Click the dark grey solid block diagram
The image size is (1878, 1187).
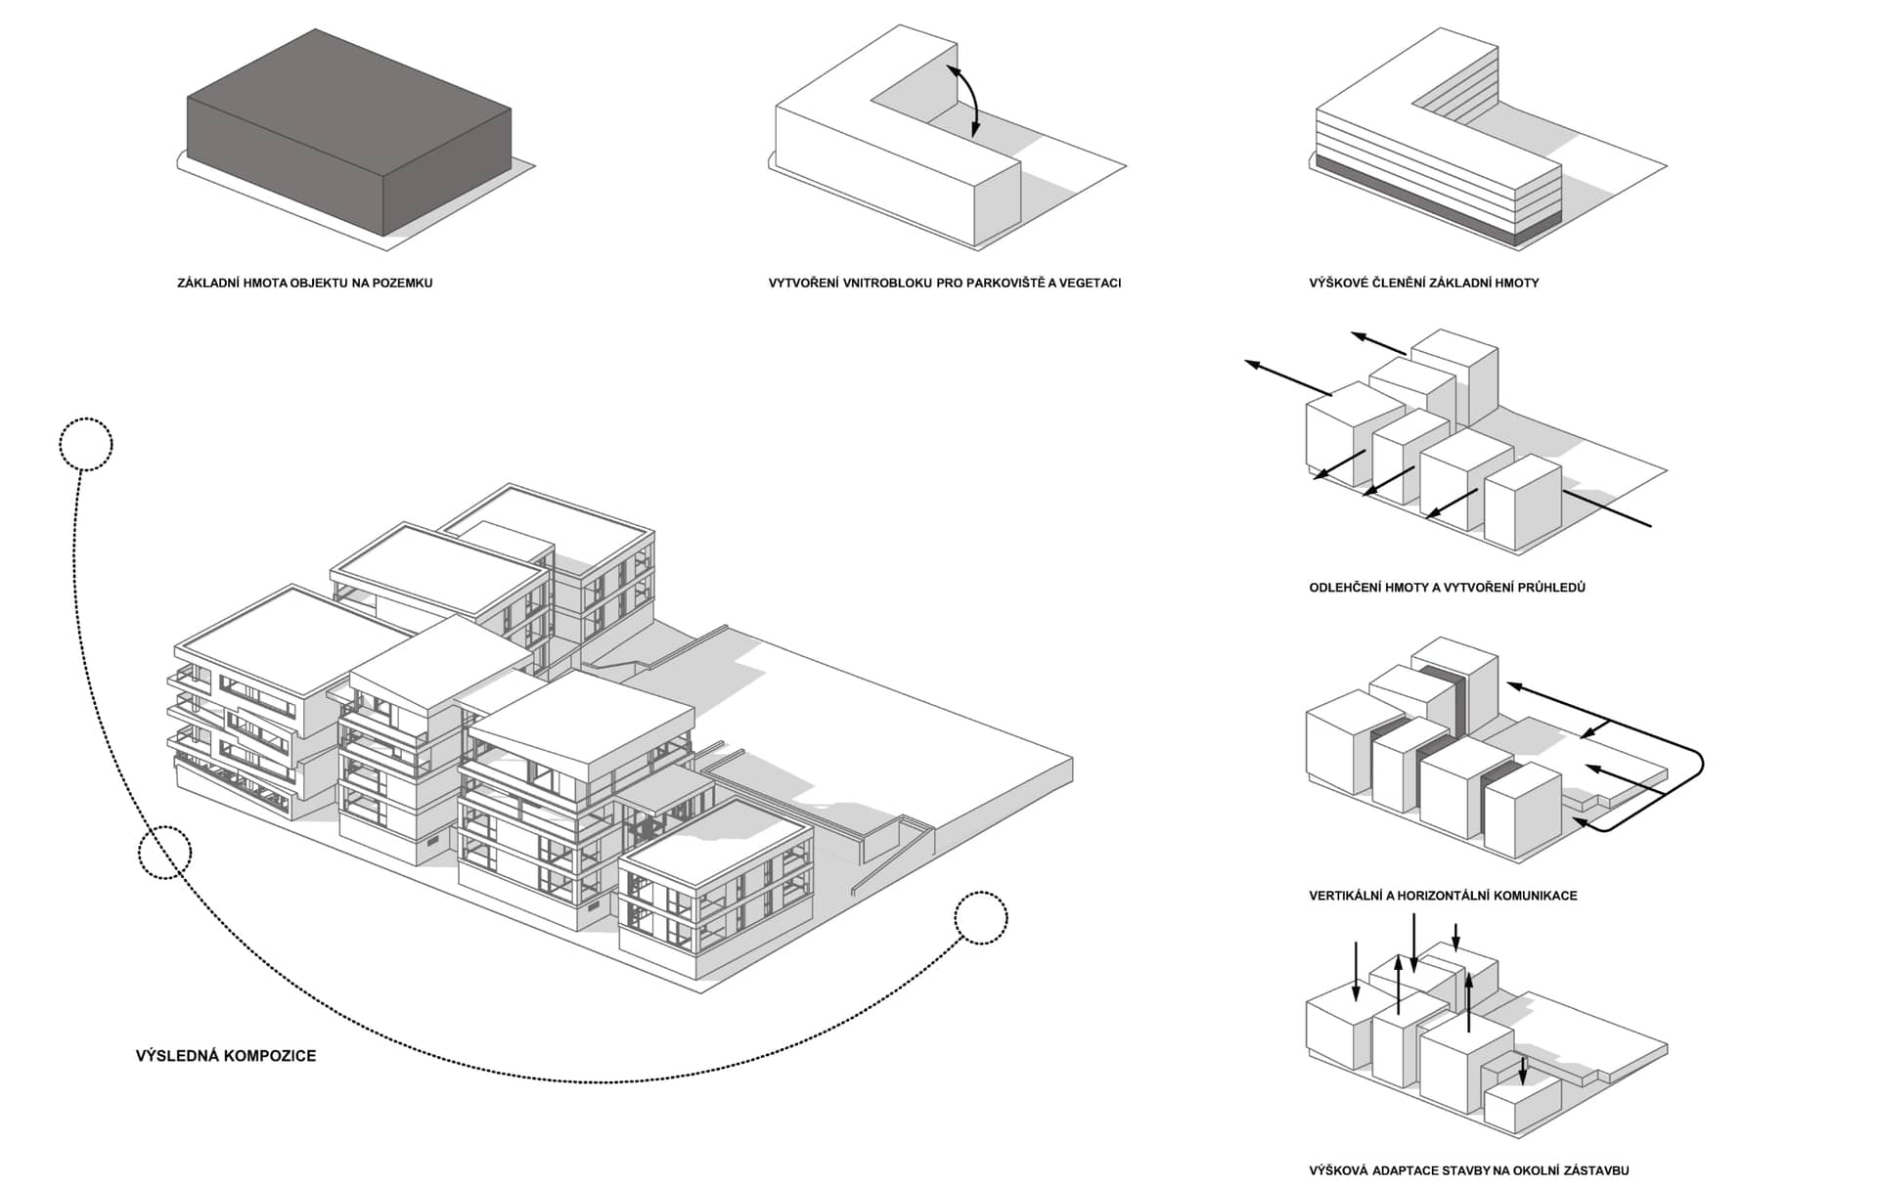(349, 132)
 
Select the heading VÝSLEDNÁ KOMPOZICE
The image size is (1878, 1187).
(226, 1056)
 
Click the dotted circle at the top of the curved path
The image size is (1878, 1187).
(86, 445)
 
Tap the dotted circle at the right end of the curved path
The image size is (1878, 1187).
(981, 918)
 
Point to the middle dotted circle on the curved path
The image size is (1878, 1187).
(164, 852)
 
